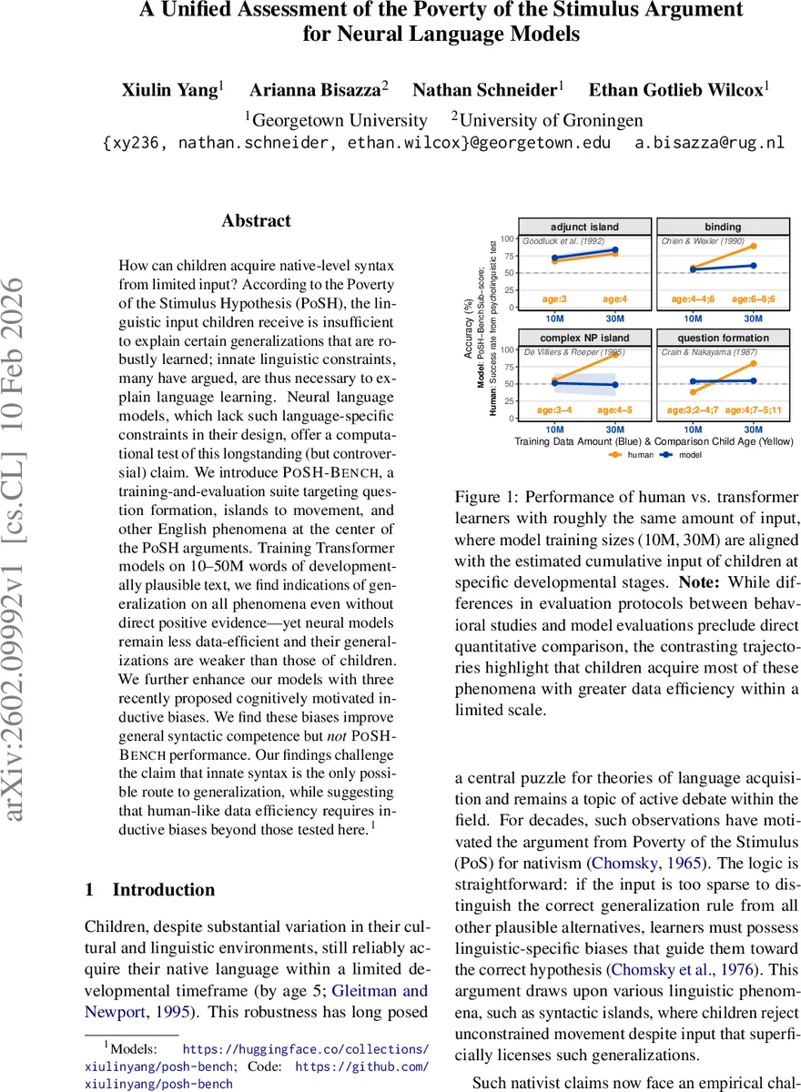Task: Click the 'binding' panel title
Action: [723, 227]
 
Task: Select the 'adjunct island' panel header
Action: [584, 227]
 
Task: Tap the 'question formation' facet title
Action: [723, 338]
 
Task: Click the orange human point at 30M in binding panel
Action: [753, 246]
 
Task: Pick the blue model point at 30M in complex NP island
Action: [614, 385]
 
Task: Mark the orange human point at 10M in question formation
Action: [693, 392]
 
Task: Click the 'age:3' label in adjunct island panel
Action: [554, 298]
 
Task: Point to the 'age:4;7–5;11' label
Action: [753, 410]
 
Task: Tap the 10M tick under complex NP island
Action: [554, 429]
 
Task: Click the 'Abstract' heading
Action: [257, 221]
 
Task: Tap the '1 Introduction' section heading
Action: [150, 890]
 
